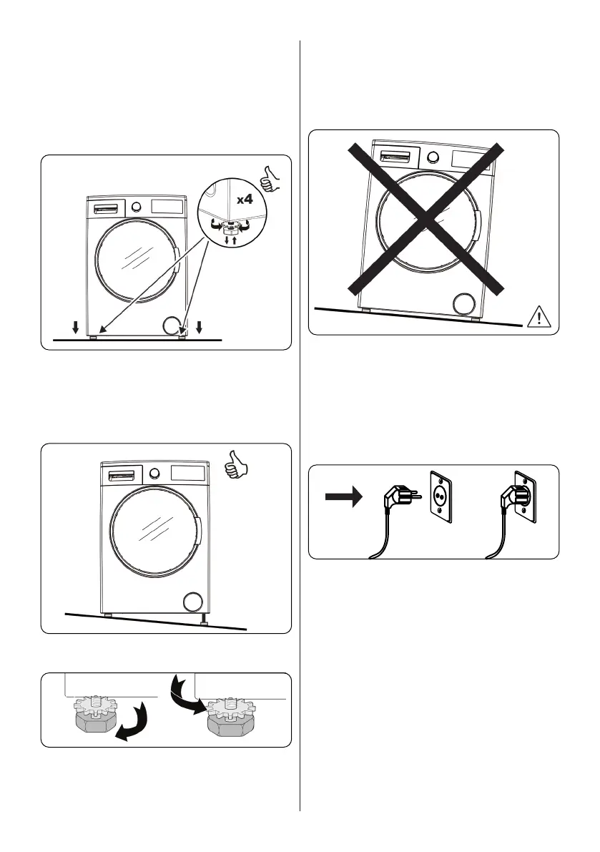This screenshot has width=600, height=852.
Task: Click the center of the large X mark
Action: [x=426, y=218]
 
